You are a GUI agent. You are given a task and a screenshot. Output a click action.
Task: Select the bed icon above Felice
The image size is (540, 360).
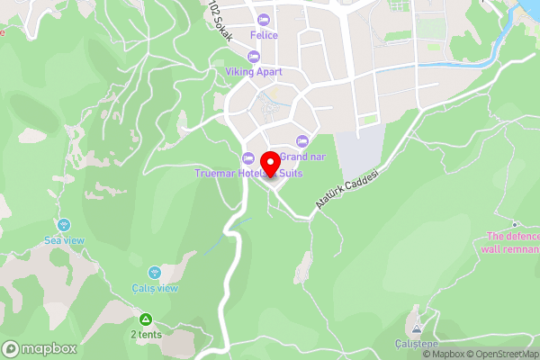tap(264, 20)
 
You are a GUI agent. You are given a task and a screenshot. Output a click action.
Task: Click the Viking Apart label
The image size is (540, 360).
tap(254, 72)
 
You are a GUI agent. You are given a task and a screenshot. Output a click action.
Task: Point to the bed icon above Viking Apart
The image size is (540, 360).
tap(254, 57)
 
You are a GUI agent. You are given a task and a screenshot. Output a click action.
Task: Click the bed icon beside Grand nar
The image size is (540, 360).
tap(301, 140)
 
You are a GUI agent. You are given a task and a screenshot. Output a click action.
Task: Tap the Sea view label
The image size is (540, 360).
tap(64, 240)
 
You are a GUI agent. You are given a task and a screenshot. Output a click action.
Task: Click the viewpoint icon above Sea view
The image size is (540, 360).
tap(64, 225)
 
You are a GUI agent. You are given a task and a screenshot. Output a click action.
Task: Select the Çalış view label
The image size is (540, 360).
tap(154, 288)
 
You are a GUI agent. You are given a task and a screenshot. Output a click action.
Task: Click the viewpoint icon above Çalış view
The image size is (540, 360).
tap(154, 272)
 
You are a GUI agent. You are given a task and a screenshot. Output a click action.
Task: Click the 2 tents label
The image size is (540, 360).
tap(146, 335)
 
